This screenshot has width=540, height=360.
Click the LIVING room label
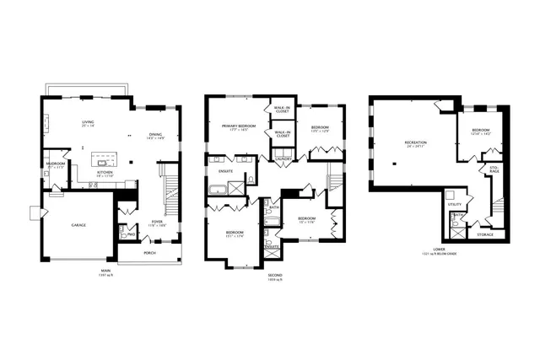(88, 123)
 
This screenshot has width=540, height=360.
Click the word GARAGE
(78, 226)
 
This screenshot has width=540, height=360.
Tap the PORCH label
(149, 252)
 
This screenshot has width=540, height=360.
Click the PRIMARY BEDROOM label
(239, 126)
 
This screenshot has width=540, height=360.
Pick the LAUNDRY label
(283, 158)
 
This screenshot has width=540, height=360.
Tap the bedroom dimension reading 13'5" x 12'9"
(318, 131)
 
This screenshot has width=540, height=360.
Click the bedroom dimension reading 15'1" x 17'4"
(235, 235)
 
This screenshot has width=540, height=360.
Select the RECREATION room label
(414, 142)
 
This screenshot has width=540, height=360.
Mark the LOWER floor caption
(439, 250)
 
